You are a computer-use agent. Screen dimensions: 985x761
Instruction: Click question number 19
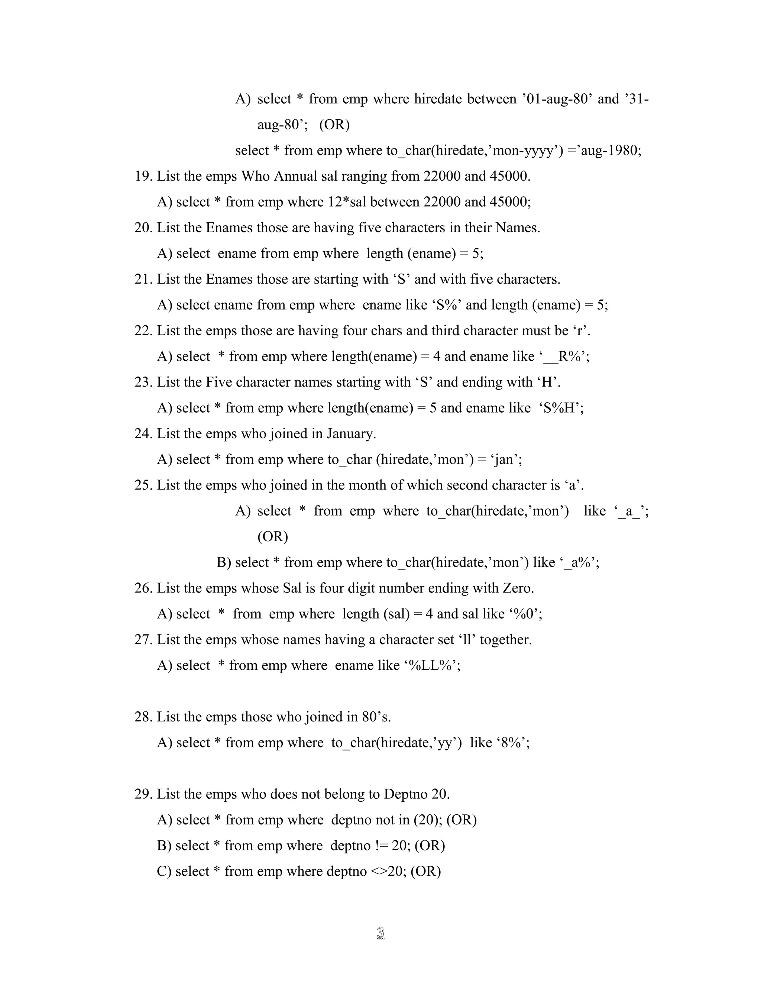143,176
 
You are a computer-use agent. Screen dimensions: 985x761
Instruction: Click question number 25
143,485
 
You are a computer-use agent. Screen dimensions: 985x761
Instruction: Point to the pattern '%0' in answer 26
524,614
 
